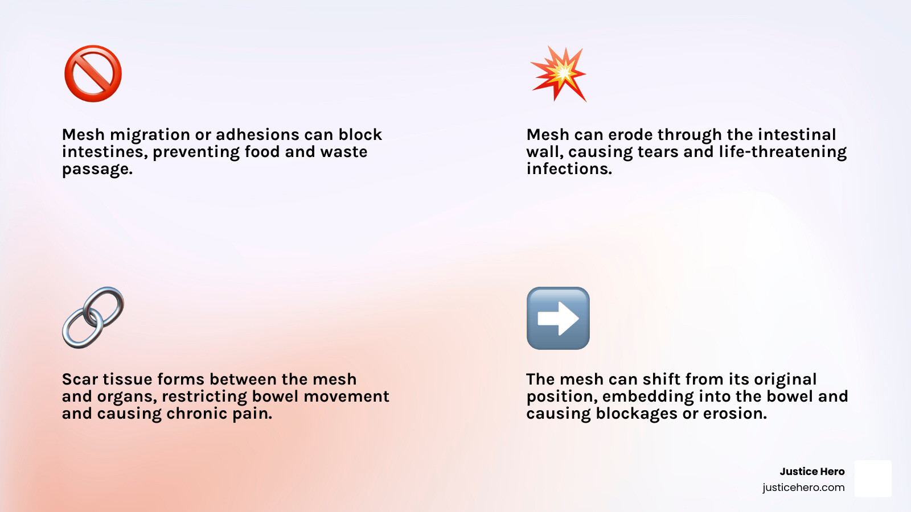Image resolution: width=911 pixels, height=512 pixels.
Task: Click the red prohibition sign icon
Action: click(93, 73)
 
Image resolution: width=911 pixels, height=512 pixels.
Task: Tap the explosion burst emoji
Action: click(559, 73)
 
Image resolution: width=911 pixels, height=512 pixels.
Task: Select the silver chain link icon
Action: click(93, 318)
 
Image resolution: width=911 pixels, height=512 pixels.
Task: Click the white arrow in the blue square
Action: click(558, 318)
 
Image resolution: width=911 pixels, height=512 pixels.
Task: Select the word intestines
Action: click(105, 152)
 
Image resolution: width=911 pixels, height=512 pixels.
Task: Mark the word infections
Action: click(569, 169)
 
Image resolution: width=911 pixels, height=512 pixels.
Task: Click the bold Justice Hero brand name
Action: click(812, 472)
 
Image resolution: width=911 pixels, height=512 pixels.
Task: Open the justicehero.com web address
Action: click(803, 488)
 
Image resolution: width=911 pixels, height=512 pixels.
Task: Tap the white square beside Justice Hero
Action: click(873, 478)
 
